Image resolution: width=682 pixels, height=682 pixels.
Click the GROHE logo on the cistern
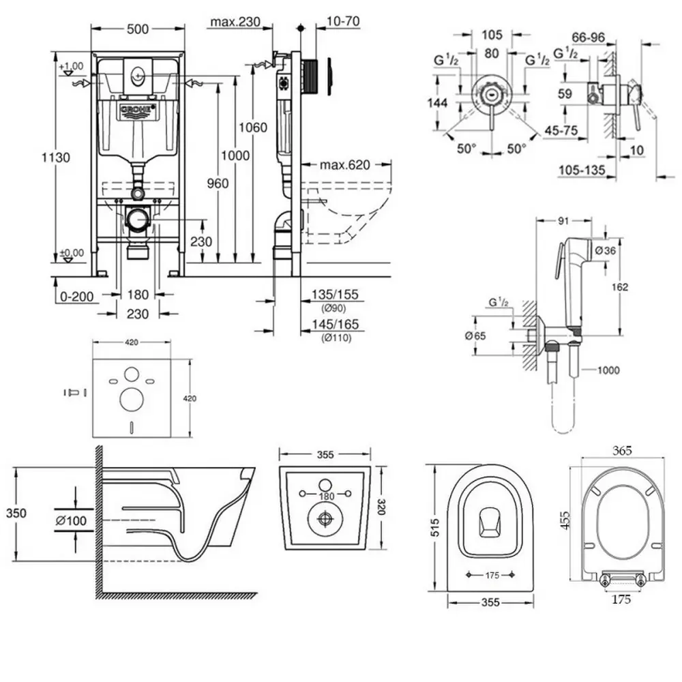[138, 112]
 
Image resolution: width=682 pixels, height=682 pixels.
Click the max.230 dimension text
[235, 23]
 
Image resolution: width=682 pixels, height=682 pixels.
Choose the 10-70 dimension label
[343, 21]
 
